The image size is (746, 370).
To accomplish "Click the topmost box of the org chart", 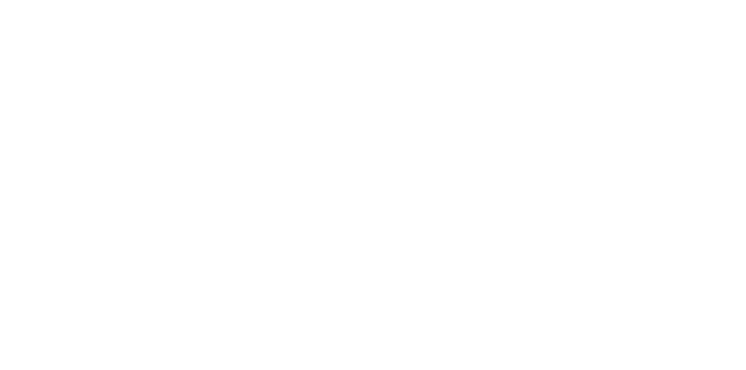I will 362,27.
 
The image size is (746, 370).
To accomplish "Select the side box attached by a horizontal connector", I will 243,60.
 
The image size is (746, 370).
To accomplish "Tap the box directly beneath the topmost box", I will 362,89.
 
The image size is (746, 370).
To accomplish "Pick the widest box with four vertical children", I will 253,235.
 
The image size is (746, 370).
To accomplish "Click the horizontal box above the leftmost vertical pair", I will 76,235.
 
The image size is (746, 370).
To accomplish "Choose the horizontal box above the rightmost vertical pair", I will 675,235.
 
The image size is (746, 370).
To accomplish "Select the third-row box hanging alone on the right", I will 586,158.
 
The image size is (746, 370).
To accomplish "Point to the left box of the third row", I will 250,166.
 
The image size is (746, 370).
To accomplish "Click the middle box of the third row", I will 457,166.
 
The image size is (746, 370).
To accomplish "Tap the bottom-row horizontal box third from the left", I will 457,235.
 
